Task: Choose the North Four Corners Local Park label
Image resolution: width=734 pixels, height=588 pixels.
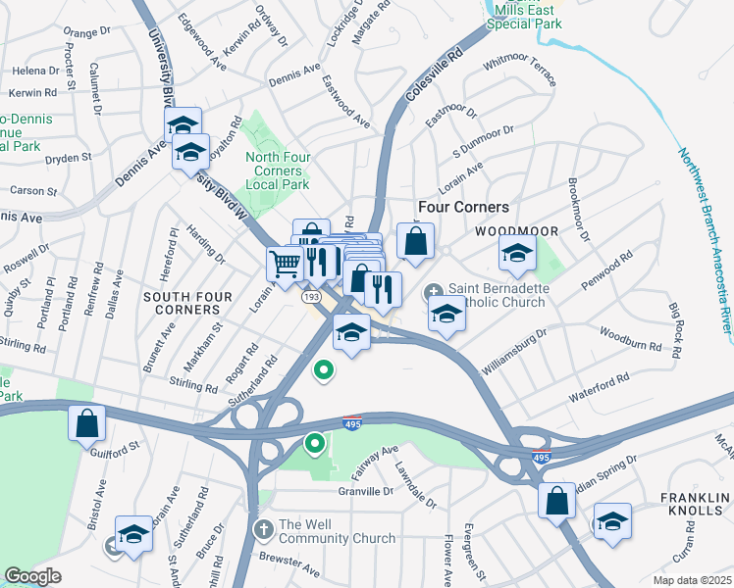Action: pyautogui.click(x=277, y=171)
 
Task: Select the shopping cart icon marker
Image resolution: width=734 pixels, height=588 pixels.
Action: pyautogui.click(x=285, y=263)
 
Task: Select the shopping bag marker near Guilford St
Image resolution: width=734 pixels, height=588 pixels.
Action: pyautogui.click(x=86, y=423)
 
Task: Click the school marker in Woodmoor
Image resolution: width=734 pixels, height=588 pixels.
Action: pyautogui.click(x=518, y=254)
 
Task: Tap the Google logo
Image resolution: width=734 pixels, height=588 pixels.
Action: pyautogui.click(x=32, y=576)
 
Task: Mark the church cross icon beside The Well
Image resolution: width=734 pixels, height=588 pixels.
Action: pyautogui.click(x=263, y=530)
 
